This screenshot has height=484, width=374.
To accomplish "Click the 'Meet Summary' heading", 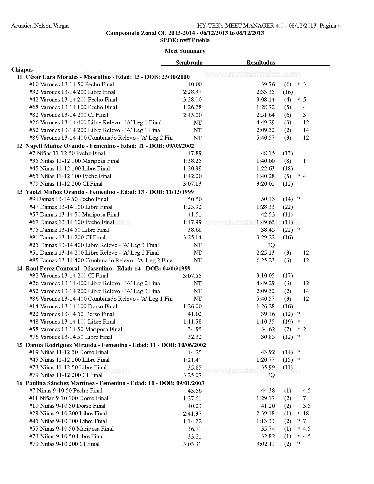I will (x=185, y=51).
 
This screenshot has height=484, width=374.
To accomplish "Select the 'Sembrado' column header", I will (x=189, y=62).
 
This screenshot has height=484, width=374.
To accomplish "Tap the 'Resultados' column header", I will (x=260, y=62).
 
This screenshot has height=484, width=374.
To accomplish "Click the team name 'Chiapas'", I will (x=22, y=70).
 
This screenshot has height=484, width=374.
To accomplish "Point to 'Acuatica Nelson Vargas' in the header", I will (x=40, y=26).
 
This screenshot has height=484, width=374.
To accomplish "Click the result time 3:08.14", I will (x=265, y=100).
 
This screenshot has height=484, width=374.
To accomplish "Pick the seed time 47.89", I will (x=194, y=153).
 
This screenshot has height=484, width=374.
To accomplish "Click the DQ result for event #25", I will (x=270, y=245).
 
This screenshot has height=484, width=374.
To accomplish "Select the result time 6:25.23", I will (x=265, y=260).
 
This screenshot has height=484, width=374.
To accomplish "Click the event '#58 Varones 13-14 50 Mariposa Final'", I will (x=76, y=329).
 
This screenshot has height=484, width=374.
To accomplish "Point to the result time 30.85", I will (x=268, y=337).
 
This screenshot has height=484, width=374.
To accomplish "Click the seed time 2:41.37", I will (x=192, y=413).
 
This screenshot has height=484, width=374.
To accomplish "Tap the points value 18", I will (x=306, y=413).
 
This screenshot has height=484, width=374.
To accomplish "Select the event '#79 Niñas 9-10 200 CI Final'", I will (x=65, y=444).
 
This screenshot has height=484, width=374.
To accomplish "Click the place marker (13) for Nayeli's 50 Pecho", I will (x=288, y=153).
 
